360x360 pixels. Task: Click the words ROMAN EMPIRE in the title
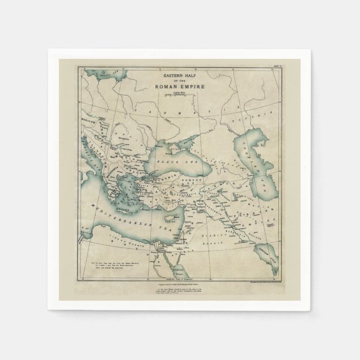[x=180, y=87]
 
